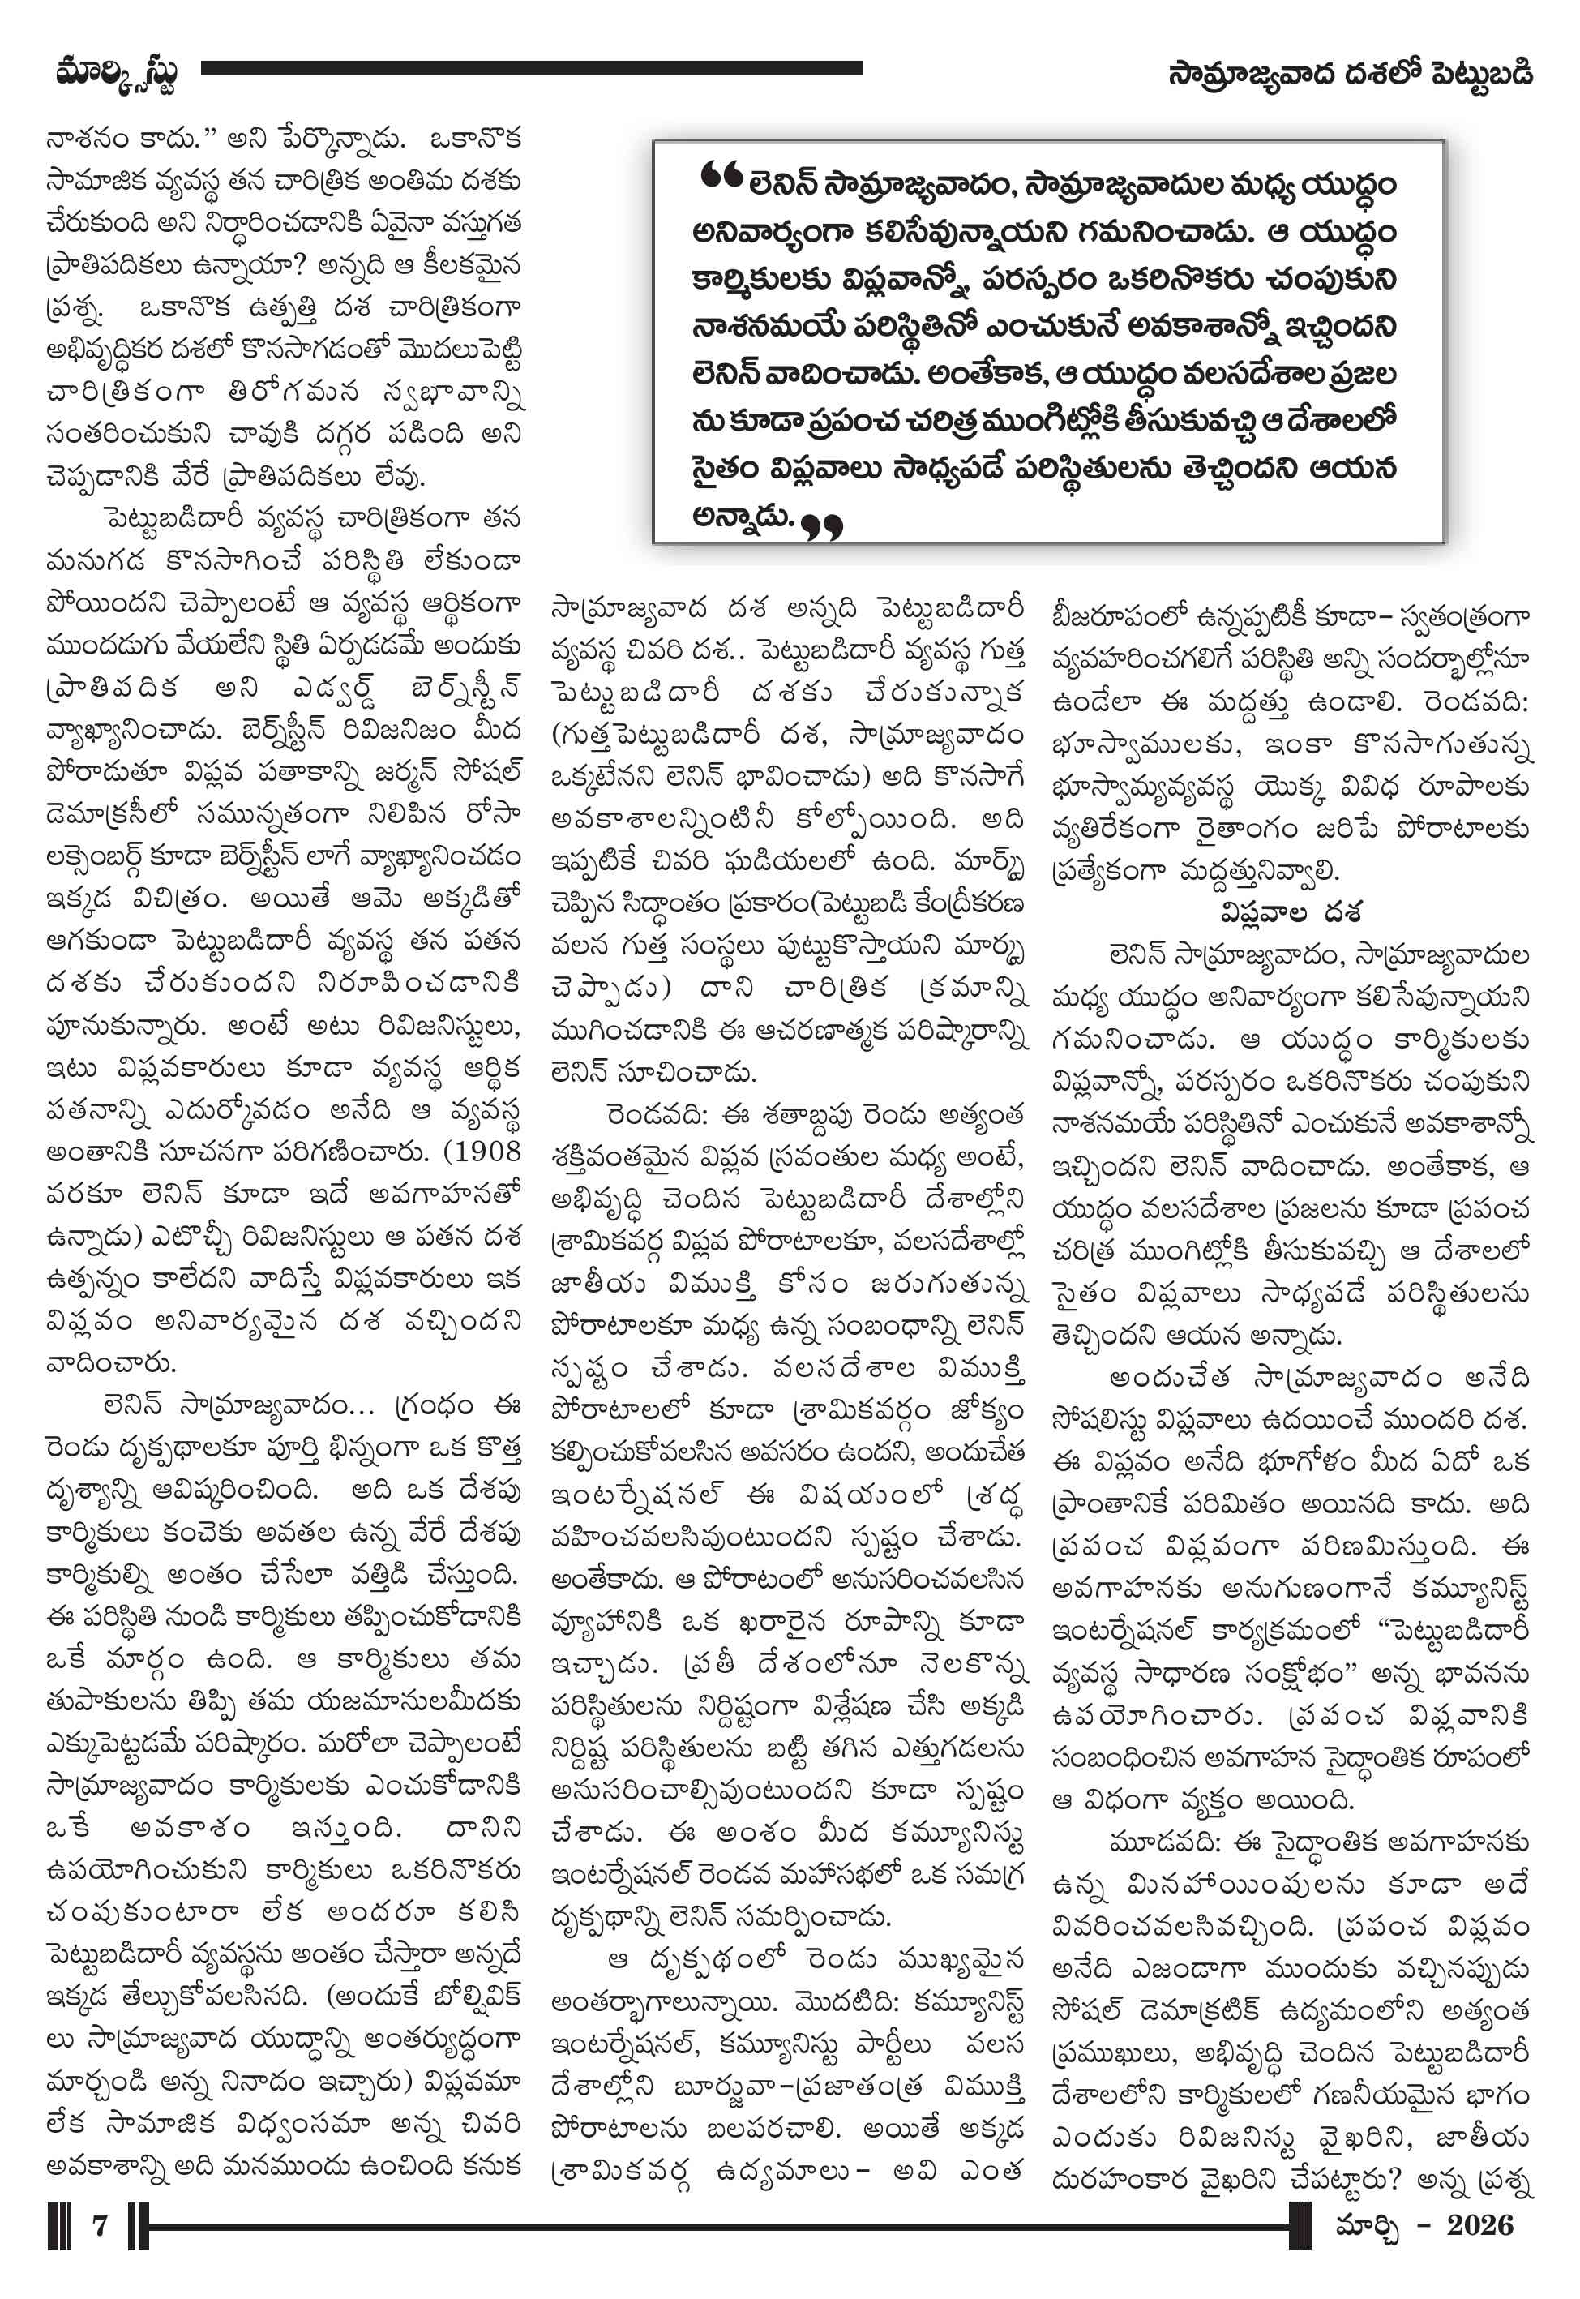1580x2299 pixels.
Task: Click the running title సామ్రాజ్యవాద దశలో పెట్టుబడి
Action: tap(1351, 75)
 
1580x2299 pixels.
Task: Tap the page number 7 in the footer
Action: tap(99, 2226)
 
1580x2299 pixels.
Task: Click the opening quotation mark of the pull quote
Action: tap(720, 176)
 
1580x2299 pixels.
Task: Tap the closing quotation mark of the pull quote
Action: tap(822, 528)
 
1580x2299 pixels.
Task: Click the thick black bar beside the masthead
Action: tap(531, 68)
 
